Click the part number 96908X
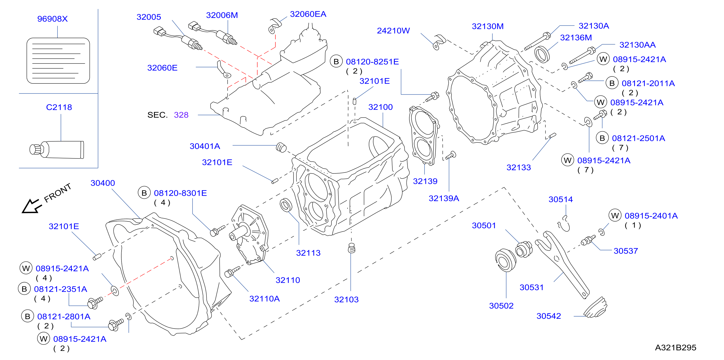pos(53,19)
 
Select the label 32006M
pos(222,15)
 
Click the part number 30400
pos(103,183)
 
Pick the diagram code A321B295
pos(676,348)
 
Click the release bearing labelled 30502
pos(506,260)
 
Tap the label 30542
pos(549,316)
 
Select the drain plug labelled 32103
pos(352,248)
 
